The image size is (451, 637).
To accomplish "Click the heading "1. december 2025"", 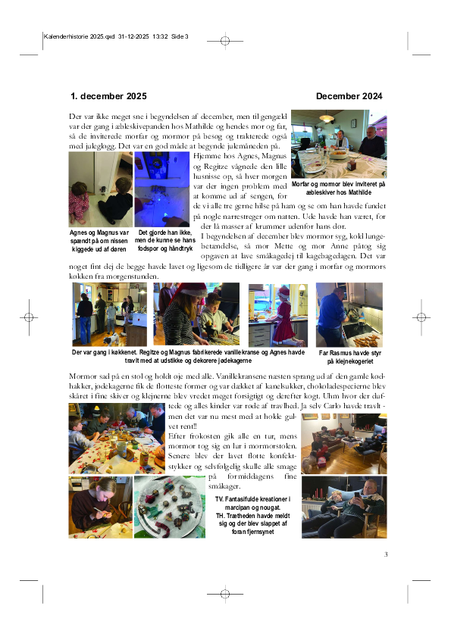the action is [108, 96].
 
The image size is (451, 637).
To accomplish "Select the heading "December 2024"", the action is [349, 96].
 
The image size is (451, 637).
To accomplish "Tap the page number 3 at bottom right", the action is [386, 554].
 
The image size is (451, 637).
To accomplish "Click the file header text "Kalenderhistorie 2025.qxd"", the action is [80, 36].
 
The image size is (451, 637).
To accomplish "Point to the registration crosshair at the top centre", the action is [225, 41].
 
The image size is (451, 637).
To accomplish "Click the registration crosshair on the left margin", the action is [29, 317].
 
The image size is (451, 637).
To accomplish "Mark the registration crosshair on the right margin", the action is [421, 317].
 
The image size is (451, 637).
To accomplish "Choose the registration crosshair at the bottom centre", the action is [225, 594].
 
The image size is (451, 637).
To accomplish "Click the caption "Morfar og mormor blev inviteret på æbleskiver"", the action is [338, 188].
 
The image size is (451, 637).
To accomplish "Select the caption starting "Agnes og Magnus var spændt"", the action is [99, 241].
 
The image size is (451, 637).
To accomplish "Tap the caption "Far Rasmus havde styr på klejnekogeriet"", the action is [349, 357].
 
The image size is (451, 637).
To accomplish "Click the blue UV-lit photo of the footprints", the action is [162, 189].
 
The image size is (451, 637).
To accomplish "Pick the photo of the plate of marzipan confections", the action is [170, 507].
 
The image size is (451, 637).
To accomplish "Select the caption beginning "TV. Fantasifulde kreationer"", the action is [252, 515].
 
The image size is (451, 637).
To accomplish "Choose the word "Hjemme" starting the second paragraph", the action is [205, 156].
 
